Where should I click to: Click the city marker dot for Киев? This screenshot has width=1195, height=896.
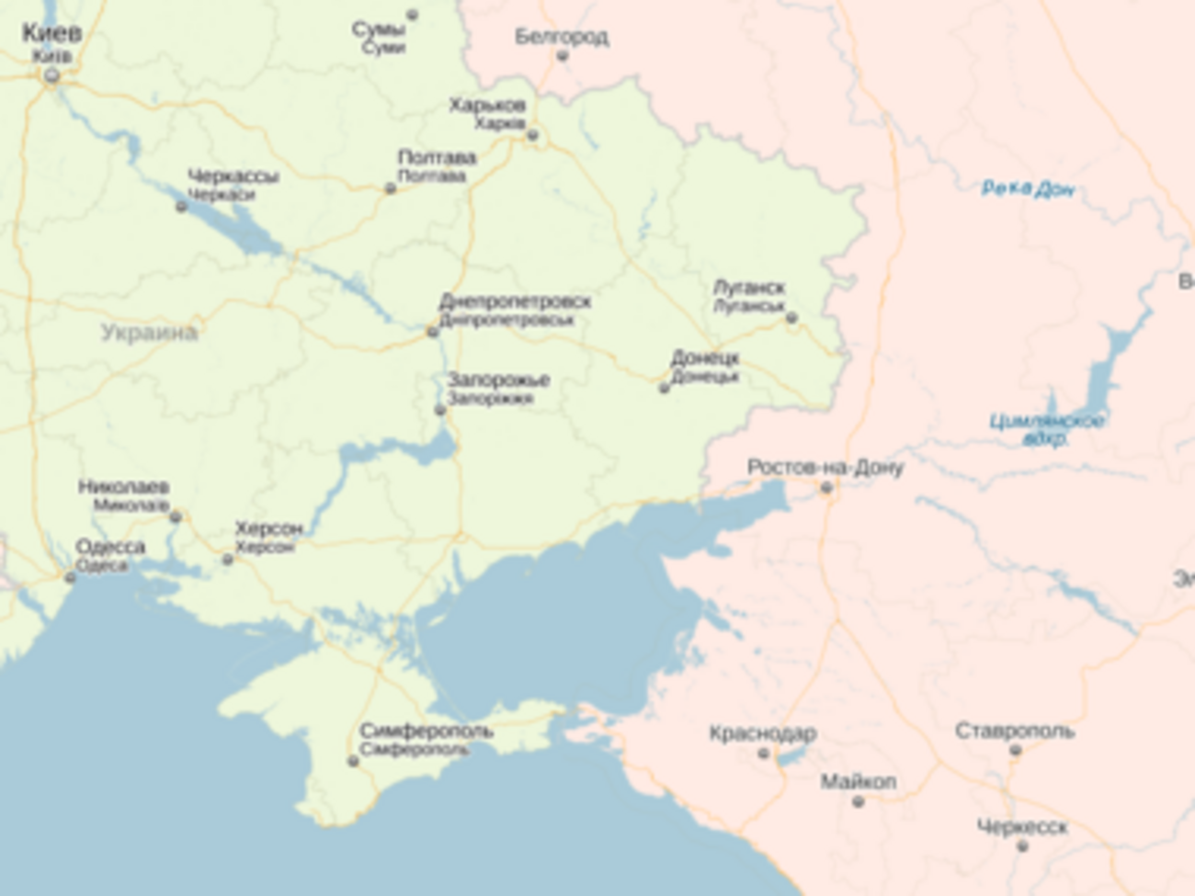pyautogui.click(x=51, y=76)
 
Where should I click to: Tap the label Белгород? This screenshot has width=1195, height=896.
pyautogui.click(x=561, y=37)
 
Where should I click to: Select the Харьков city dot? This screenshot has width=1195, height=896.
pyautogui.click(x=532, y=136)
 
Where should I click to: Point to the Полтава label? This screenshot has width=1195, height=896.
pyautogui.click(x=437, y=158)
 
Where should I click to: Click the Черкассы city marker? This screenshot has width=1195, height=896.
pyautogui.click(x=181, y=206)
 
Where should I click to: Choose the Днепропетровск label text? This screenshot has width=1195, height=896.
pyautogui.click(x=515, y=301)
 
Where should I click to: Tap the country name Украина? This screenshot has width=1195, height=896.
pyautogui.click(x=149, y=333)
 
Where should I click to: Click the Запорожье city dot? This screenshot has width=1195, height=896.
pyautogui.click(x=439, y=409)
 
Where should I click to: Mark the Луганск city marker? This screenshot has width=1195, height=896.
pyautogui.click(x=791, y=318)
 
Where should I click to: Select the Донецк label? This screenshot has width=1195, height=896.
pyautogui.click(x=705, y=357)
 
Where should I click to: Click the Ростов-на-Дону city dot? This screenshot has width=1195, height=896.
pyautogui.click(x=825, y=488)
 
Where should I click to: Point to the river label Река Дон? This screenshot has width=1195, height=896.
pyautogui.click(x=1027, y=189)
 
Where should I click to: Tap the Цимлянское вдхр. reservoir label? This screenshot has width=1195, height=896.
pyautogui.click(x=1047, y=429)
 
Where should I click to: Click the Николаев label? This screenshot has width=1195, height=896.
pyautogui.click(x=123, y=487)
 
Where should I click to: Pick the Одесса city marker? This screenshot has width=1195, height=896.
pyautogui.click(x=70, y=577)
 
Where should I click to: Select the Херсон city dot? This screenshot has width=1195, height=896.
pyautogui.click(x=227, y=559)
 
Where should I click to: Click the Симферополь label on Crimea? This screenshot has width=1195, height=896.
pyautogui.click(x=426, y=732)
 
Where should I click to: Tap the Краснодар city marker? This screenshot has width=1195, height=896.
pyautogui.click(x=763, y=754)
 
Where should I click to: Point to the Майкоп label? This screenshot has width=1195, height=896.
pyautogui.click(x=858, y=782)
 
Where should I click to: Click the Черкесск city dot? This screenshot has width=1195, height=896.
pyautogui.click(x=1022, y=845)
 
